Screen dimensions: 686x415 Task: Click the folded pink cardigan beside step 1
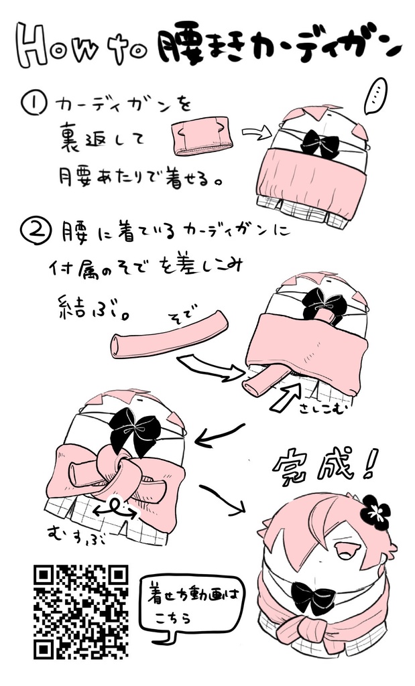point(202,138)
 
